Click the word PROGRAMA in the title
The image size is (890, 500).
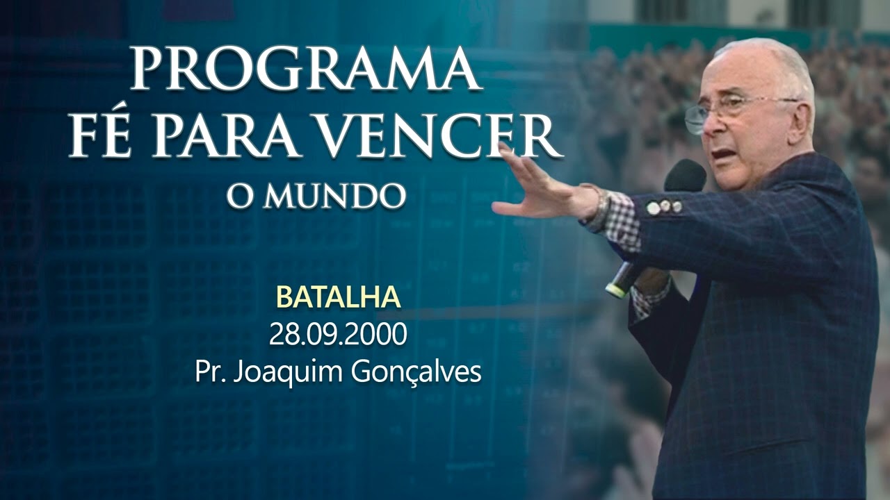tap(306, 69)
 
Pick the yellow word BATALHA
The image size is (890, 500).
tap(339, 297)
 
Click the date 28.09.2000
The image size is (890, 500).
tap(339, 335)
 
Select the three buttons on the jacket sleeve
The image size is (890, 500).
tap(665, 206)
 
